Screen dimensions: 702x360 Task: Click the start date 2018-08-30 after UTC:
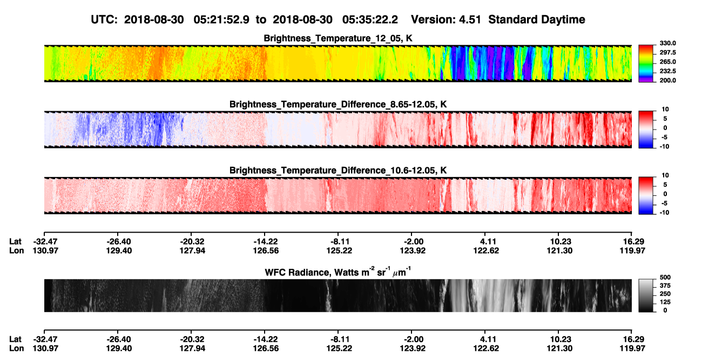pyautogui.click(x=154, y=19)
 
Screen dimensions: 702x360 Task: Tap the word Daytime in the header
pyautogui.click(x=562, y=20)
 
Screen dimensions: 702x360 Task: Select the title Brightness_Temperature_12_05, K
pyautogui.click(x=338, y=38)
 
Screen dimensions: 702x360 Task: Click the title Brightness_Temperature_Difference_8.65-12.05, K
pyautogui.click(x=338, y=104)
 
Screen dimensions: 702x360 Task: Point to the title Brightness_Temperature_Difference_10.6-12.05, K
pyautogui.click(x=338, y=171)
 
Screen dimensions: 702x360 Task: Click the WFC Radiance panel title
pyautogui.click(x=338, y=272)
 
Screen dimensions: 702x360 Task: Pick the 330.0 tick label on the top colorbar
pyautogui.click(x=667, y=43)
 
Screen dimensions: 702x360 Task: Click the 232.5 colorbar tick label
pyautogui.click(x=667, y=71)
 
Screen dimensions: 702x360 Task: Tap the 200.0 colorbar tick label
pyautogui.click(x=667, y=80)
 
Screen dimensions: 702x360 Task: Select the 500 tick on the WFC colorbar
pyautogui.click(x=665, y=277)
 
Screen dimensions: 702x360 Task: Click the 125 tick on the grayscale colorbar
pyautogui.click(x=665, y=302)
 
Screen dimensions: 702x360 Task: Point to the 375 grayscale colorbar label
pyautogui.click(x=665, y=286)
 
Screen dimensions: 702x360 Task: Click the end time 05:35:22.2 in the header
pyautogui.click(x=370, y=19)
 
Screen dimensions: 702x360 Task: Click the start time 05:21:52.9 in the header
pyautogui.click(x=221, y=19)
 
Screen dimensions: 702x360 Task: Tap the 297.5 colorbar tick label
pyautogui.click(x=667, y=52)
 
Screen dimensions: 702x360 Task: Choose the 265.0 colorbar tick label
pyautogui.click(x=667, y=62)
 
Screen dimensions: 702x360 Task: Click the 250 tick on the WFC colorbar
pyautogui.click(x=665, y=294)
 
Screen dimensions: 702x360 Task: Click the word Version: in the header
pyautogui.click(x=433, y=19)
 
